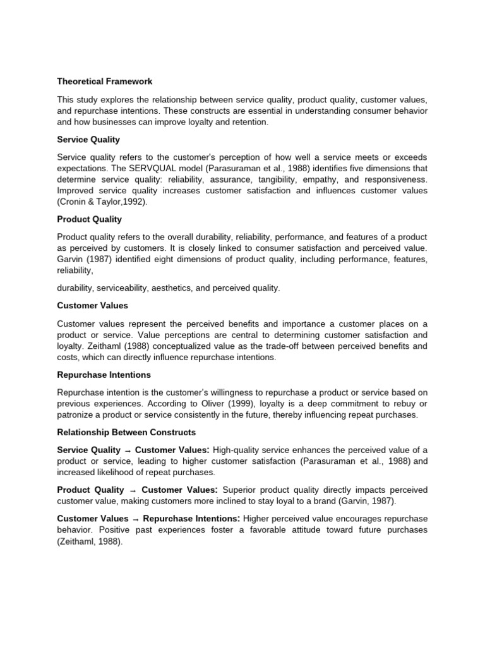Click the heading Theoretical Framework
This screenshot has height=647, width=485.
click(x=105, y=82)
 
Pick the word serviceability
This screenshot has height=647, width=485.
click(x=122, y=287)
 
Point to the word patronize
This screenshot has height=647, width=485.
click(x=78, y=414)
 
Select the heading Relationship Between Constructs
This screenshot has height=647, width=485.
click(x=126, y=432)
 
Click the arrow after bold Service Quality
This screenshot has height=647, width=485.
click(x=128, y=450)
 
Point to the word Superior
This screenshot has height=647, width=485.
click(x=241, y=490)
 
